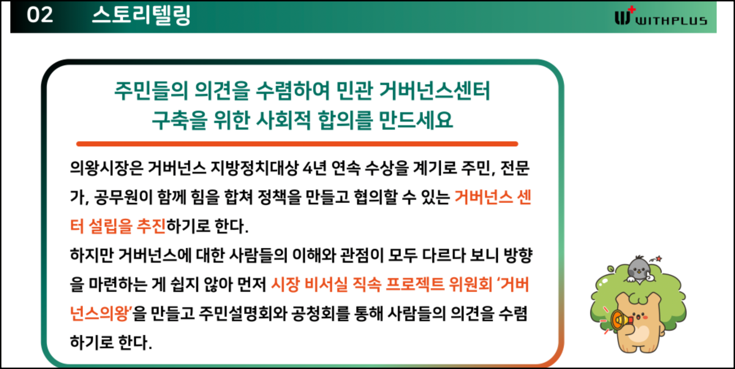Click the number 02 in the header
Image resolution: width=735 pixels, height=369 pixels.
[40, 15]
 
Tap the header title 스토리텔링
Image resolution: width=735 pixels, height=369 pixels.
[141, 15]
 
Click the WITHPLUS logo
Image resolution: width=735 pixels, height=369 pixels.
[661, 16]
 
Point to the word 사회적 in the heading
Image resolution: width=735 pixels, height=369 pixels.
[283, 120]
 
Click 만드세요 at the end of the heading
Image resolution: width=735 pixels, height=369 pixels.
[416, 120]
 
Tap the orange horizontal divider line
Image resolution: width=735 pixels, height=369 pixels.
[297, 144]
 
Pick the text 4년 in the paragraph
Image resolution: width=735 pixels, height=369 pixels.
[315, 168]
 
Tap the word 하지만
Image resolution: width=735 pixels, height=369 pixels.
[92, 255]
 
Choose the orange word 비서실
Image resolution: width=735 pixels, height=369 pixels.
[326, 285]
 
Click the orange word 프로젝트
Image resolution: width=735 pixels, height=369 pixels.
[415, 285]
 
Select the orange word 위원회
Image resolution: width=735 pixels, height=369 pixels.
[471, 285]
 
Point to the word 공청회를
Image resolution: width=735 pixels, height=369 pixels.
[321, 314]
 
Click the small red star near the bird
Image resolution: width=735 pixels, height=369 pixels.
[659, 259]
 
